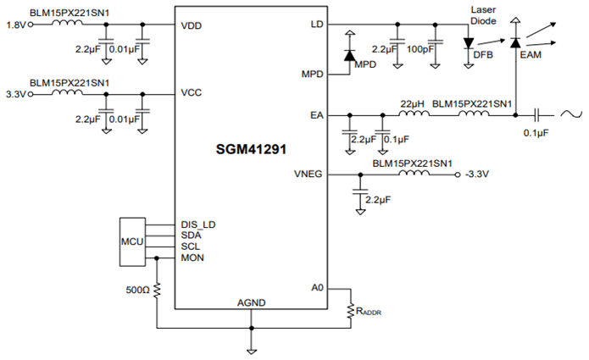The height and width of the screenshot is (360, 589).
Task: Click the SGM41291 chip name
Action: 251,148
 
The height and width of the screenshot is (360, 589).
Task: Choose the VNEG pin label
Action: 310,174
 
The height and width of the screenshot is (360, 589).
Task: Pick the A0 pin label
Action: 317,287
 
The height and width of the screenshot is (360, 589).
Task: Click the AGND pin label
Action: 251,302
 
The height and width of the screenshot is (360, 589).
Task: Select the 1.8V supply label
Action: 15,25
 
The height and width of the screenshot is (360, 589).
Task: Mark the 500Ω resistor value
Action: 137,290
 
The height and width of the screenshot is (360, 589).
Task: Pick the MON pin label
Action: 192,257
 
